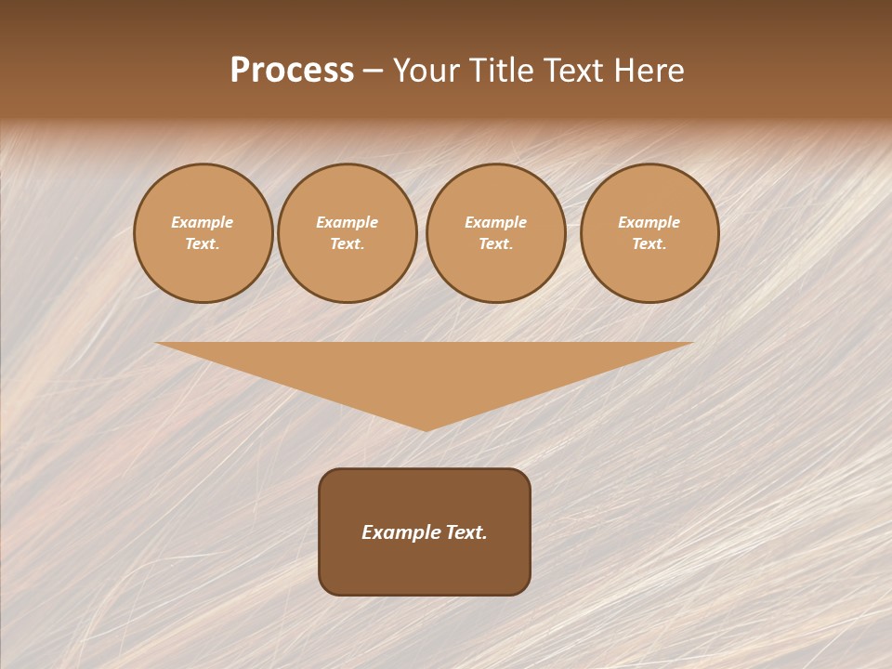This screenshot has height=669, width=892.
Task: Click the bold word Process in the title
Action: click(x=292, y=71)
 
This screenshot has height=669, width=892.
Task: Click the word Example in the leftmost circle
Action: click(x=203, y=222)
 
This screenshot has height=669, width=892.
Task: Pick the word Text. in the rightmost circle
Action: click(x=649, y=243)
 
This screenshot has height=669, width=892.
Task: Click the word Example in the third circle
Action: click(x=495, y=222)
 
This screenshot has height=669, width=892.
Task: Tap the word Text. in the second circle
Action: click(x=347, y=243)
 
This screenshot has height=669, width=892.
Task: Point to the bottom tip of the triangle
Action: click(x=426, y=428)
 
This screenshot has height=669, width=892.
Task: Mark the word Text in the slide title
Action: click(x=573, y=71)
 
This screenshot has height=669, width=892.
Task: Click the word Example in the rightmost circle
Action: click(x=649, y=222)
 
